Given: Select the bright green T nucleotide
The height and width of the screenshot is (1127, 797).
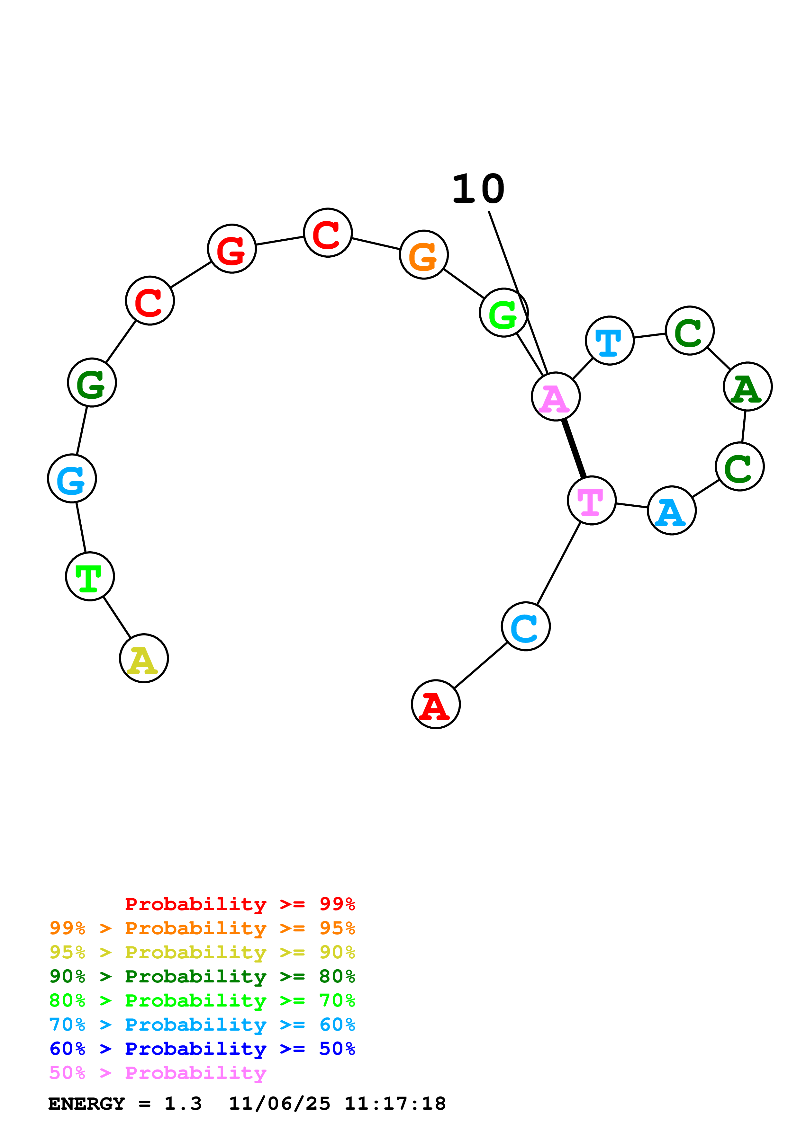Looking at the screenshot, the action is (x=90, y=576).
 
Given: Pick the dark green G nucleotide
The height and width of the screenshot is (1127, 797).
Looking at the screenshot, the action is (x=92, y=382).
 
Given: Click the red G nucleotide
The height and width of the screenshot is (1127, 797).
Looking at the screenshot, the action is (x=232, y=249).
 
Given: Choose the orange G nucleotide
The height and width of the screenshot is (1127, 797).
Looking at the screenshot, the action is (x=424, y=255).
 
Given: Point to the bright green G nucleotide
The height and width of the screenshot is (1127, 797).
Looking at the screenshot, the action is (x=504, y=313).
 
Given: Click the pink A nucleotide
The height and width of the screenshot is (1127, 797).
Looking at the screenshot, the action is (x=556, y=396).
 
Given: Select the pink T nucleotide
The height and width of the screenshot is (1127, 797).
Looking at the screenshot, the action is (x=592, y=500).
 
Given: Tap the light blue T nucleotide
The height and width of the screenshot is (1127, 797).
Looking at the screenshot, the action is (x=610, y=341).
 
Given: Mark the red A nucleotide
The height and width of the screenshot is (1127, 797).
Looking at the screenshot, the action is (x=436, y=704).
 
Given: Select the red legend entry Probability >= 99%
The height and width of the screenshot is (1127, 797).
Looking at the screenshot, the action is (x=240, y=904).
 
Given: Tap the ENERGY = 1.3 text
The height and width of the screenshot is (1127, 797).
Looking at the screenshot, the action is (x=125, y=1104).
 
